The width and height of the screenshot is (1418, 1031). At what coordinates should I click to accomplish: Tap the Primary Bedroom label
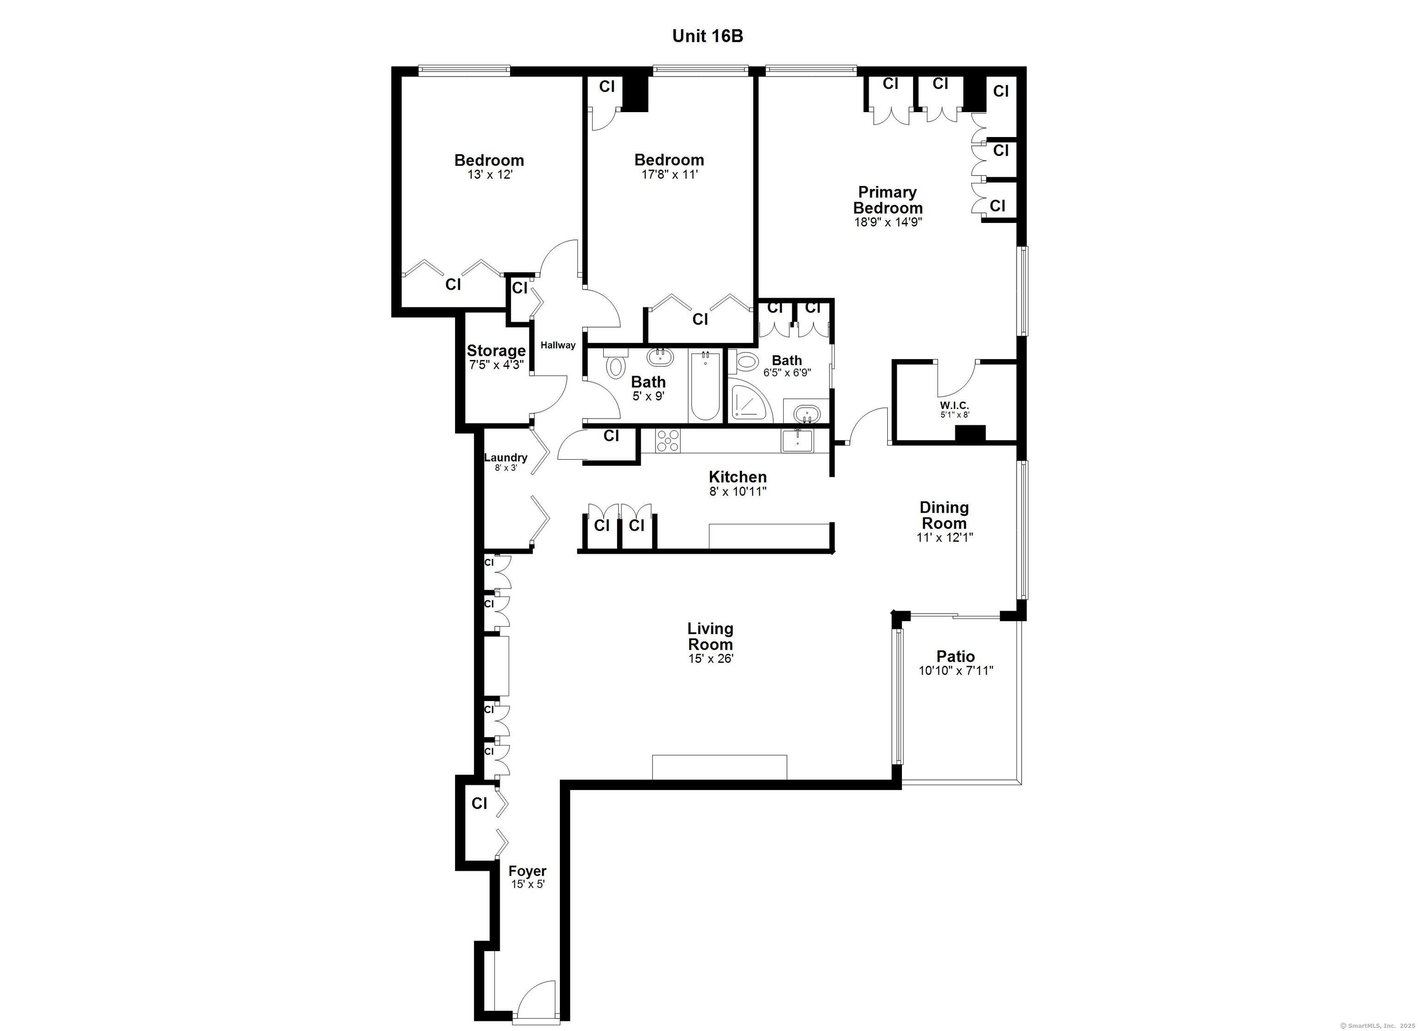[888, 200]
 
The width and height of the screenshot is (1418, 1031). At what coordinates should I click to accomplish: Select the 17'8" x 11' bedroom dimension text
[669, 174]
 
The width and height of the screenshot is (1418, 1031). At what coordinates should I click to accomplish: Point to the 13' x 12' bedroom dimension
[490, 175]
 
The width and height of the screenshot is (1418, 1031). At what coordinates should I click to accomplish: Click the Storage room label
[496, 351]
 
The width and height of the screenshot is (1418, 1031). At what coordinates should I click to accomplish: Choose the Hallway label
[558, 345]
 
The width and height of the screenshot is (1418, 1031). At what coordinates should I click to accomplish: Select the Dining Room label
[944, 515]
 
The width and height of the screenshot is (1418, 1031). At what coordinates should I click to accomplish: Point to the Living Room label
[710, 636]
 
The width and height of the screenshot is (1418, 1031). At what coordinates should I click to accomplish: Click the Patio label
[955, 656]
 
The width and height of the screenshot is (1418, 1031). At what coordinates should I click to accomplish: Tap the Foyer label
[527, 871]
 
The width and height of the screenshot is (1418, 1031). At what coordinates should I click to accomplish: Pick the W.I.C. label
[954, 406]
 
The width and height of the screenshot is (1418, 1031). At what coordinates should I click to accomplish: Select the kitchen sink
[797, 441]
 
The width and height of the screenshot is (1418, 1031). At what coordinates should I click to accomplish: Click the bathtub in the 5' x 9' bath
[706, 386]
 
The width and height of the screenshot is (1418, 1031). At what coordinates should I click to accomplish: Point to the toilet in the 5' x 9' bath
[617, 363]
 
